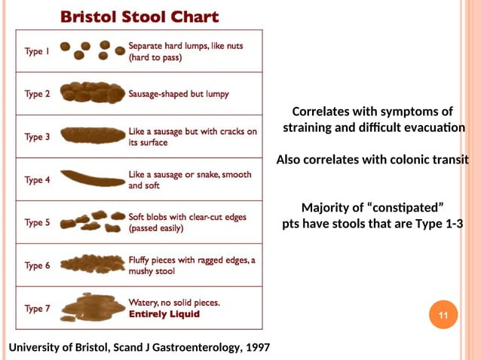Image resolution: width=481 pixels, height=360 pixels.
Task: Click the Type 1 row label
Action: (x=38, y=52)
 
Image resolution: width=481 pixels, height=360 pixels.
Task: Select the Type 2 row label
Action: (x=38, y=94)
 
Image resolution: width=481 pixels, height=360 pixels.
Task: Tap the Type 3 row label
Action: (x=38, y=137)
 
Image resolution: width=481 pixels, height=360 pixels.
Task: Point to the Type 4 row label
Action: (x=38, y=180)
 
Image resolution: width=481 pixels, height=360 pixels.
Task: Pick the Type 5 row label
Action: (x=38, y=222)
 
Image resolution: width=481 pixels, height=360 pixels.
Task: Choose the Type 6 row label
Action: (x=38, y=265)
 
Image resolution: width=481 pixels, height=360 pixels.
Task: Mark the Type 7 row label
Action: (x=38, y=308)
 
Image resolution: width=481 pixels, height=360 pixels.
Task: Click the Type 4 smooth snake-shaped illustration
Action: (x=92, y=178)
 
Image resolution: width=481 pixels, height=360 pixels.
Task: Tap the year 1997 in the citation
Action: (x=255, y=346)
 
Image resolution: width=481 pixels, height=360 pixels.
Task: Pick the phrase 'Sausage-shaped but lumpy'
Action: (x=179, y=94)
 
